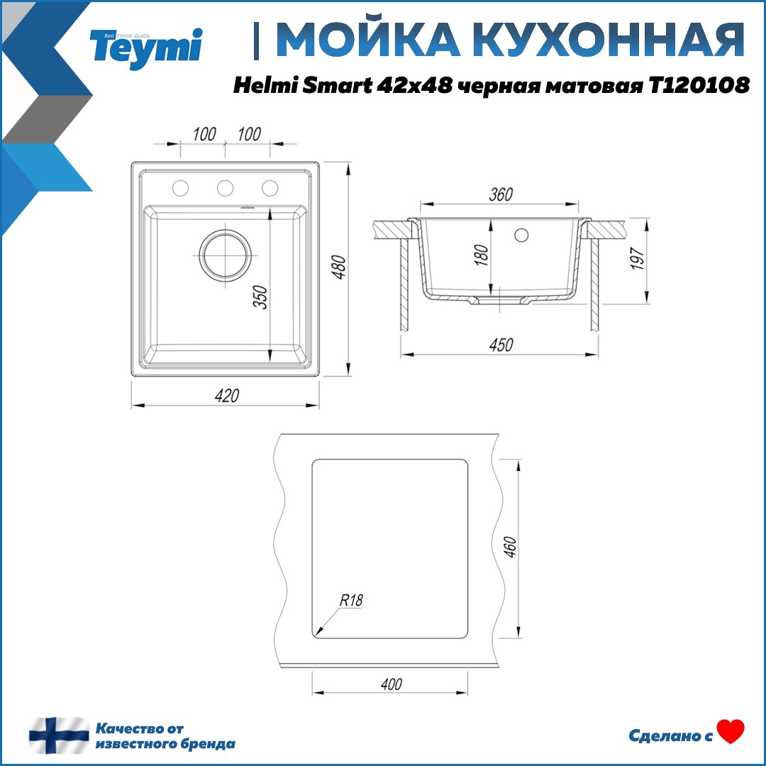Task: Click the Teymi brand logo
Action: click(146, 45)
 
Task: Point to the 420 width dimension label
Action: click(226, 396)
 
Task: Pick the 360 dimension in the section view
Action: click(501, 195)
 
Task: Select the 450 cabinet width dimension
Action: click(501, 345)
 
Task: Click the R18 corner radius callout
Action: click(350, 600)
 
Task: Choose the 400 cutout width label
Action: click(391, 684)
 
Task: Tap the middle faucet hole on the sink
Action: click(226, 187)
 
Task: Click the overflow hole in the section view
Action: click(523, 233)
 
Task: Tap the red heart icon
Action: click(731, 731)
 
